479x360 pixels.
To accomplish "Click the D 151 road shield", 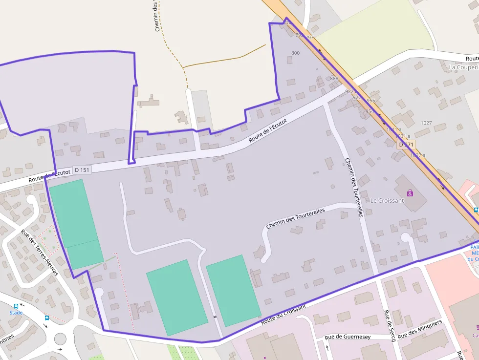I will (82, 170).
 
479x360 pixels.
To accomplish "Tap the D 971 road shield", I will (406, 145).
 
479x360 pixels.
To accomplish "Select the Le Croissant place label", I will (387, 200).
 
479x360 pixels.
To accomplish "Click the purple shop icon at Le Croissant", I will (410, 193).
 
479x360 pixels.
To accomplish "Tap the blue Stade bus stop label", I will (16, 313).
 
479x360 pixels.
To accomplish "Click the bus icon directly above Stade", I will (16, 307).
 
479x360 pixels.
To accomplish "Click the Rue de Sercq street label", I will (390, 326).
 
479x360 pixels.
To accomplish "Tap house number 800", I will (295, 53).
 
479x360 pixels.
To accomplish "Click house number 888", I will (334, 78).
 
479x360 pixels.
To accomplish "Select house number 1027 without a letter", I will (426, 123).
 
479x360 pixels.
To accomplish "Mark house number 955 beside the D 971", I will (370, 101).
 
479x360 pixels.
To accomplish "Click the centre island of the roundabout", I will (60, 338).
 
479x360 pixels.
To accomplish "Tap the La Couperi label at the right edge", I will (463, 67).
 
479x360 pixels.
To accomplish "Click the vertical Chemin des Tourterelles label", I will (354, 188).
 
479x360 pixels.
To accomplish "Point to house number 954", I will (370, 111).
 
